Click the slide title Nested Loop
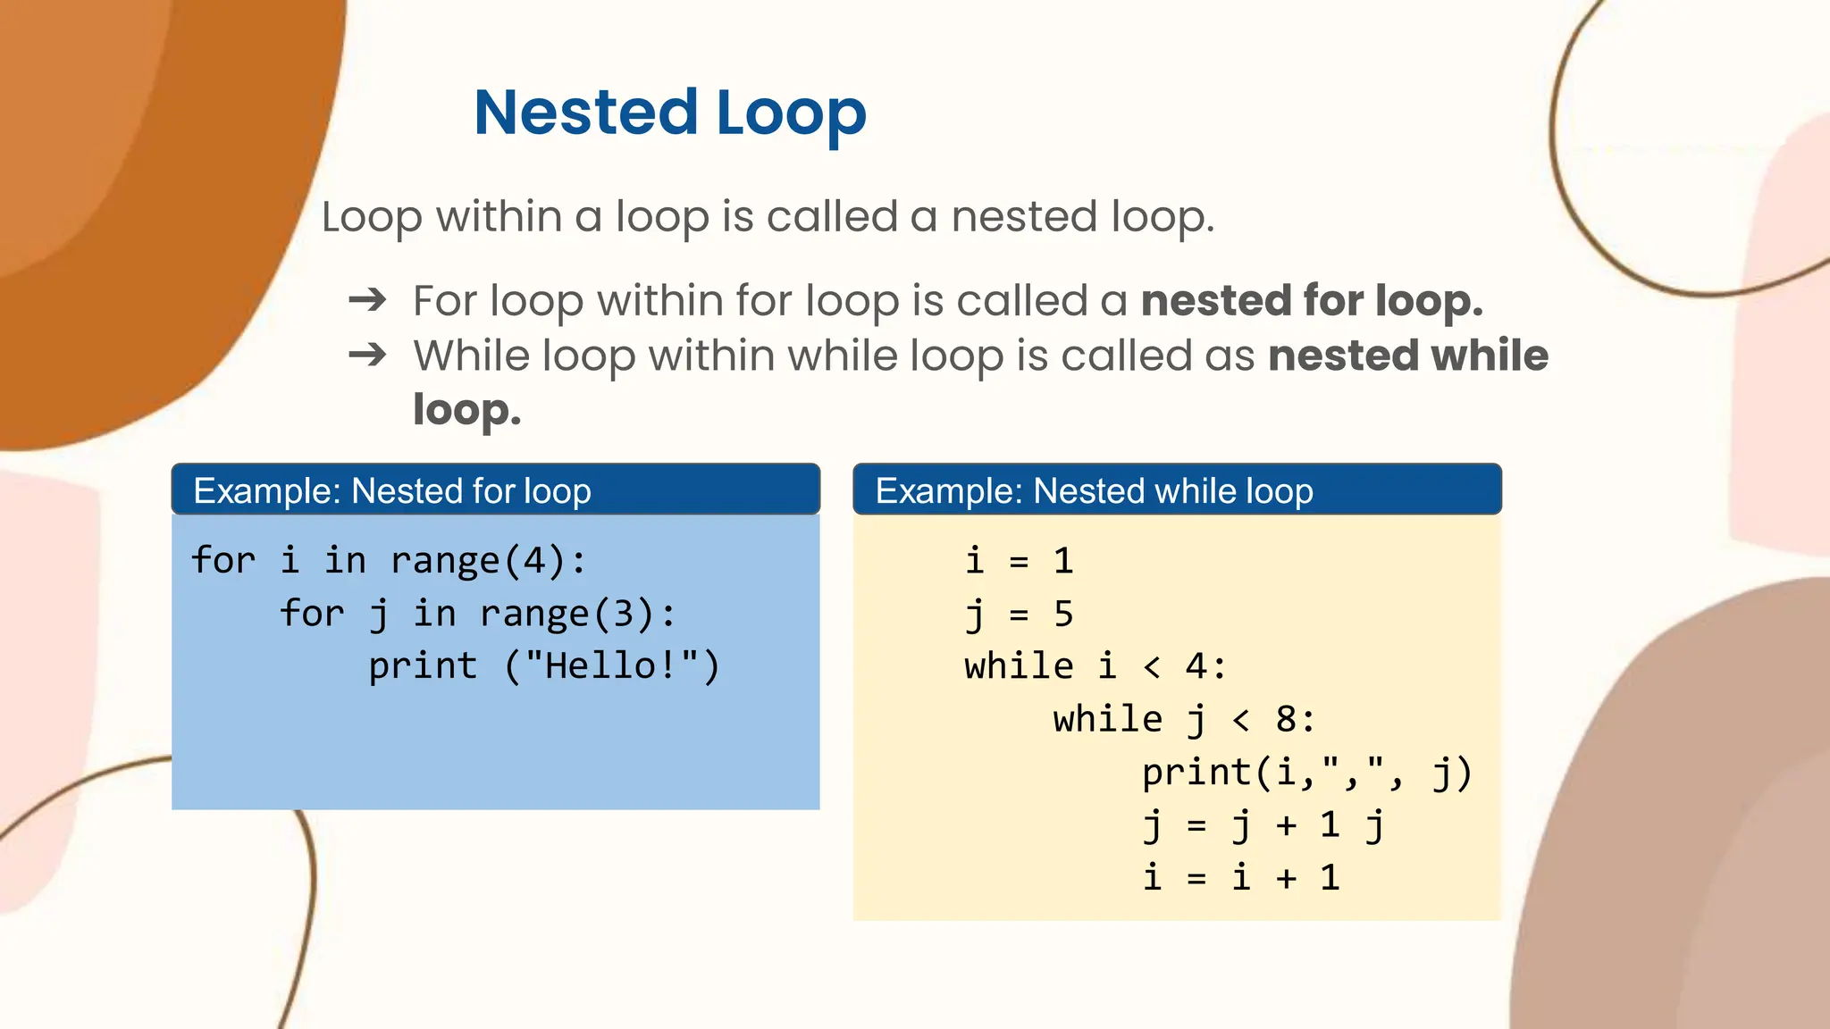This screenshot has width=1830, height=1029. coord(669,113)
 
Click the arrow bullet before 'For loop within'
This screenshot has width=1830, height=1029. coord(367,300)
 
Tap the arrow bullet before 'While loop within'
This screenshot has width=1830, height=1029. coord(367,356)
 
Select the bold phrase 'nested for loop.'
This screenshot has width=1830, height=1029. coord(1311,300)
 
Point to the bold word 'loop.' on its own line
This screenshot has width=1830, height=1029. coord(466,410)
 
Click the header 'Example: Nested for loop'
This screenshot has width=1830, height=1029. coord(392,490)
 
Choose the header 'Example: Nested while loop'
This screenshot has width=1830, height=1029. coord(1094,490)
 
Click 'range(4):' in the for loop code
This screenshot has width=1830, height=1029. coord(488,561)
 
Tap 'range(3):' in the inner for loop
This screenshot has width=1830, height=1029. coord(577,614)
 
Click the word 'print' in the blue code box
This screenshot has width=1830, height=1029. coord(423,666)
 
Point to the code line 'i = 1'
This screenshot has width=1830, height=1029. coord(1019,561)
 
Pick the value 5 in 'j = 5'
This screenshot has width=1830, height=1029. coord(1062,614)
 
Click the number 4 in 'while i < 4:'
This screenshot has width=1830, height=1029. coord(1196,666)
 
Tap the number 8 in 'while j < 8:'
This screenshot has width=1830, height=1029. coord(1285,719)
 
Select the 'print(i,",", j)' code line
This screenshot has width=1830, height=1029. coord(1306,773)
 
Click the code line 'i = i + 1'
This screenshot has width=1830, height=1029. coord(1241,878)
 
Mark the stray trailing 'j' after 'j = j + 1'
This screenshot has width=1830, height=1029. coord(1374,826)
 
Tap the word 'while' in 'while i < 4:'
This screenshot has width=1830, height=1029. coord(1019,666)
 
